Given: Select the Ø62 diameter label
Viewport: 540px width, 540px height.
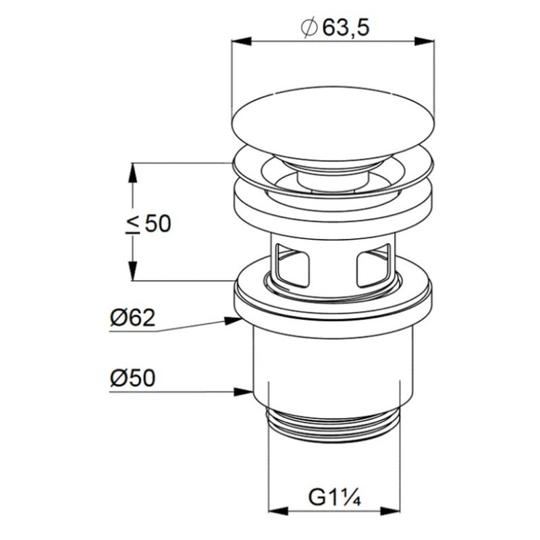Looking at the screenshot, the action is coord(133,318).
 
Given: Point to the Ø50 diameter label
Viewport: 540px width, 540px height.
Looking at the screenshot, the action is coord(133,378).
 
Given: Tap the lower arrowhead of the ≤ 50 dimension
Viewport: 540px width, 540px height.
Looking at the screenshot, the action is coord(132,271).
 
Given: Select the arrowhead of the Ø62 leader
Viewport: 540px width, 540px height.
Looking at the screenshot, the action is coord(233,320).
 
